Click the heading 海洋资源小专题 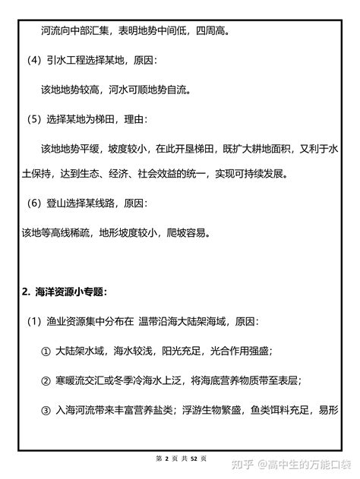pos(68,291)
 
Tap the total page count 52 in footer pos(194,459)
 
